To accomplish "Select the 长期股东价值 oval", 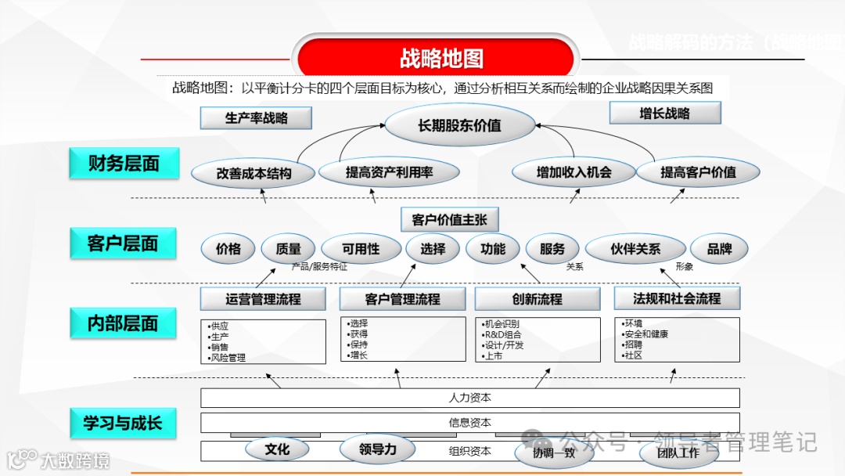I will tap(459, 125).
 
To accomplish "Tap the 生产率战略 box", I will tap(256, 118).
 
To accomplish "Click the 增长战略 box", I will tap(664, 114).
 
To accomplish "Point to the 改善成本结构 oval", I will tap(253, 173).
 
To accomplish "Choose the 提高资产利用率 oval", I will tap(389, 172).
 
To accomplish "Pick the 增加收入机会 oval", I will tap(574, 172).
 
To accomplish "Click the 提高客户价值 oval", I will tap(698, 172).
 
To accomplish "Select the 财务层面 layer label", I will tap(124, 163).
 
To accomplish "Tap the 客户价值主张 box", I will tap(444, 220).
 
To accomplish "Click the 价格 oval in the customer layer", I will tap(228, 249).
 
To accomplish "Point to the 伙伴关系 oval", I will tap(635, 249).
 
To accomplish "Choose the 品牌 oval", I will tap(719, 249).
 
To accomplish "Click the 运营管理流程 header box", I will tap(263, 299).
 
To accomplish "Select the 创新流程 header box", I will tap(537, 299).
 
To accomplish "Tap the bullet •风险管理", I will tap(227, 358).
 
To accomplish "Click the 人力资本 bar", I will tap(469, 398).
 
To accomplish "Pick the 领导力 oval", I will tap(378, 449).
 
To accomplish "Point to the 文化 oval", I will tap(277, 449).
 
